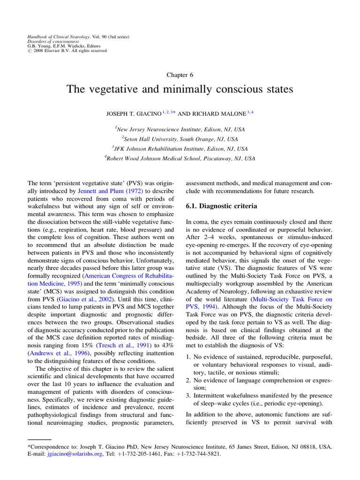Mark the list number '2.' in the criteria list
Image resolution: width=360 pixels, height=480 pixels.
pos(188,380)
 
